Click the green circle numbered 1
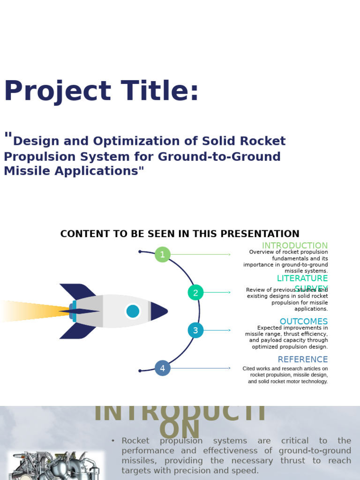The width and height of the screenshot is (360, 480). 162,255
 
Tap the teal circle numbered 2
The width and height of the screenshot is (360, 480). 195,292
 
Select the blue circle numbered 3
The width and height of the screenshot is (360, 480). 195,330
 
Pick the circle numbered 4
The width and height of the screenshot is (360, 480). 162,368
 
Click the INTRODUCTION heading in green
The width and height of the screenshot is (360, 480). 294,246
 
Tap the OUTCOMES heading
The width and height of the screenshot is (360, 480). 303,322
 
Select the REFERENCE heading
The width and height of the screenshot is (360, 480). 302,360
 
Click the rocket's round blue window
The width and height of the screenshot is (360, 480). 133,311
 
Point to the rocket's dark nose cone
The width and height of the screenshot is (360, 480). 158,311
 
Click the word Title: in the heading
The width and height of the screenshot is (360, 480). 159,91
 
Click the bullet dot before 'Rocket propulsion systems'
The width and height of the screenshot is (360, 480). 113,441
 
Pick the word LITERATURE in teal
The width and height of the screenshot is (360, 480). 302,278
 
